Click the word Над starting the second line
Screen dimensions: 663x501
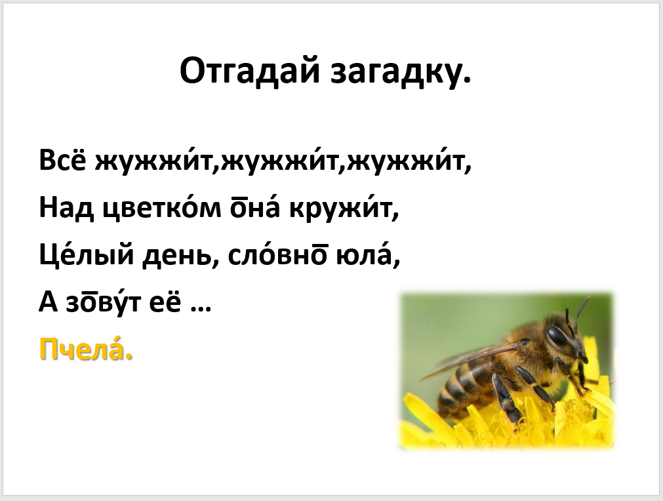coord(66,209)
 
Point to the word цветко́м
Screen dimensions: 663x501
coord(162,208)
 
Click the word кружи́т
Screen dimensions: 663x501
coord(344,208)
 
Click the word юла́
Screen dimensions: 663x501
coord(368,255)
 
